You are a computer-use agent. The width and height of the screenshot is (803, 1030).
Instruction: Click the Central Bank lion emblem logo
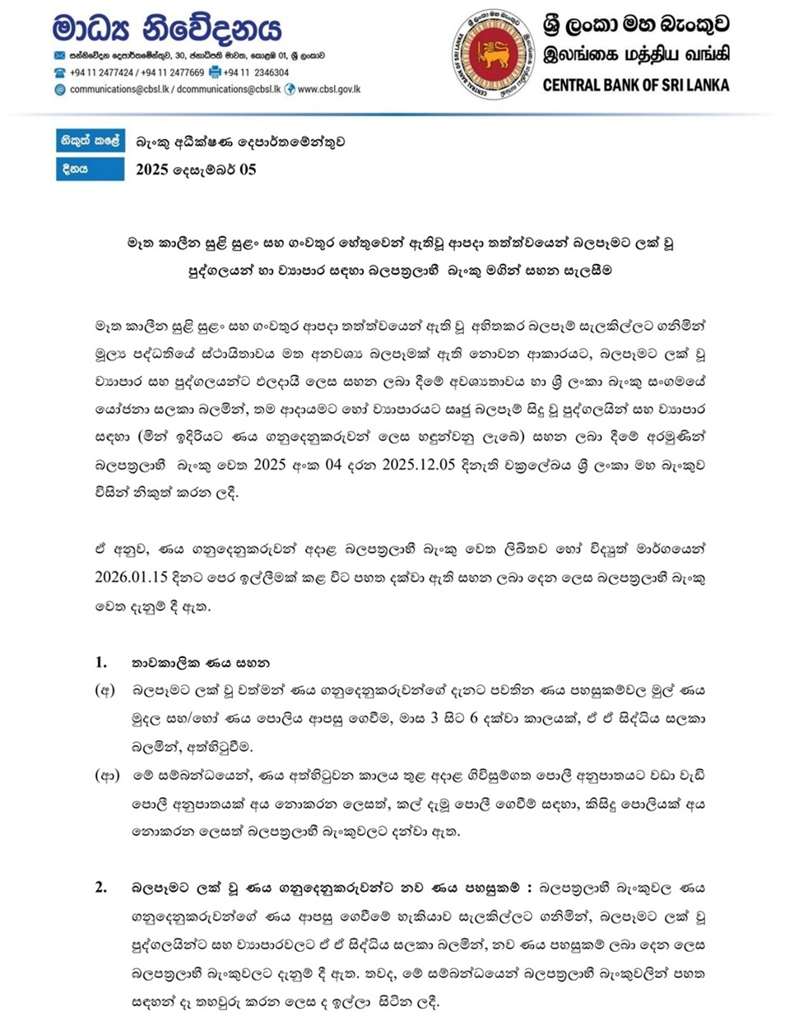pos(493,55)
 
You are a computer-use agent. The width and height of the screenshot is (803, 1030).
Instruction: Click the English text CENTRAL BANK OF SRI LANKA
pos(635,85)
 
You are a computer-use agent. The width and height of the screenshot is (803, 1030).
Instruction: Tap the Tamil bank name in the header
pos(636,54)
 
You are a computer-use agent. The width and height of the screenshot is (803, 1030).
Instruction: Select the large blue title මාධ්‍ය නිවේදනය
pos(166,29)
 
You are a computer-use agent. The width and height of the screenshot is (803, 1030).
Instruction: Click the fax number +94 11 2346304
pos(255,72)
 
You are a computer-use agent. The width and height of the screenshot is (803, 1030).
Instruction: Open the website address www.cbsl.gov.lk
pos(328,89)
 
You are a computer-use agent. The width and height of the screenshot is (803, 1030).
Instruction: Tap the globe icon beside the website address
pos(290,89)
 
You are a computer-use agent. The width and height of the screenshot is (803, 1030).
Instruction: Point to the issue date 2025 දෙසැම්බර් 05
pos(196,169)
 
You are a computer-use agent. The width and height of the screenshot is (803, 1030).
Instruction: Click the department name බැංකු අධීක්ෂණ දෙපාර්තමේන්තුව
pos(240,142)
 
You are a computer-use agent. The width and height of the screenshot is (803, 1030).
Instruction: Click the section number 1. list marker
pos(101,662)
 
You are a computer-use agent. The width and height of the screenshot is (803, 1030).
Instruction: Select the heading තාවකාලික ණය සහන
pos(200,662)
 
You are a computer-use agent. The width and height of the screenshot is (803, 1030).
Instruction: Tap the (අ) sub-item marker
pos(104,690)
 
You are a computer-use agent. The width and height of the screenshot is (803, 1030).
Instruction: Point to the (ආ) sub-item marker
pos(107,775)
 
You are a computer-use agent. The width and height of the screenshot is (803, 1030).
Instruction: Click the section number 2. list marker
pos(101,888)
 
